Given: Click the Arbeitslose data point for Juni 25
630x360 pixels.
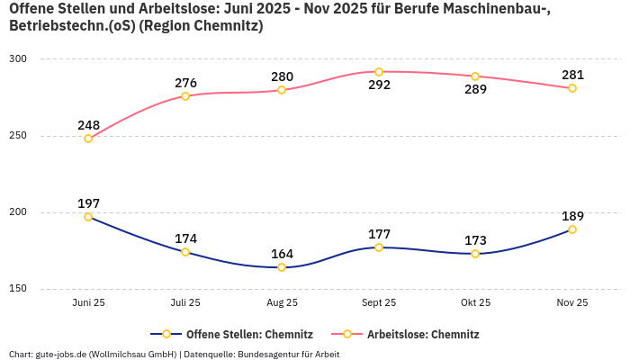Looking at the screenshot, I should click(x=88, y=139).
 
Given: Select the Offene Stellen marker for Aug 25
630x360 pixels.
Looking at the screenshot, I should click(x=282, y=267).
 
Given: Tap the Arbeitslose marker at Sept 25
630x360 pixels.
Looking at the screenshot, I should click(x=379, y=72).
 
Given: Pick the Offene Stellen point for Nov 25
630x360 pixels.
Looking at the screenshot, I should click(x=572, y=229).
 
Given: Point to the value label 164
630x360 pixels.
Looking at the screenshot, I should click(x=282, y=254).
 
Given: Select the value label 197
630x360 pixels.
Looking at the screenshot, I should click(x=88, y=203).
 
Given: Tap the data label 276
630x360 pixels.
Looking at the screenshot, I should click(x=185, y=83).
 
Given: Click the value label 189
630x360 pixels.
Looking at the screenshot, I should click(x=572, y=216).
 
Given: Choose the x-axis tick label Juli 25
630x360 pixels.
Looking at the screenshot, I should click(x=185, y=303).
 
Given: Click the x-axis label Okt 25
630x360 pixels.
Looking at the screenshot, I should click(x=475, y=303).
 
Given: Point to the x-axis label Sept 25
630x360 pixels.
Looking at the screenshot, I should click(x=379, y=303).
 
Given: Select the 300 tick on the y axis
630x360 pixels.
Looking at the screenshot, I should click(x=18, y=59).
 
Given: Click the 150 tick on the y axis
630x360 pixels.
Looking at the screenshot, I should click(x=18, y=289).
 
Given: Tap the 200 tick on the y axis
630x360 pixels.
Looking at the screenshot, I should click(x=18, y=212).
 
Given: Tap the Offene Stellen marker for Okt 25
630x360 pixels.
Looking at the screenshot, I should click(x=475, y=254).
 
